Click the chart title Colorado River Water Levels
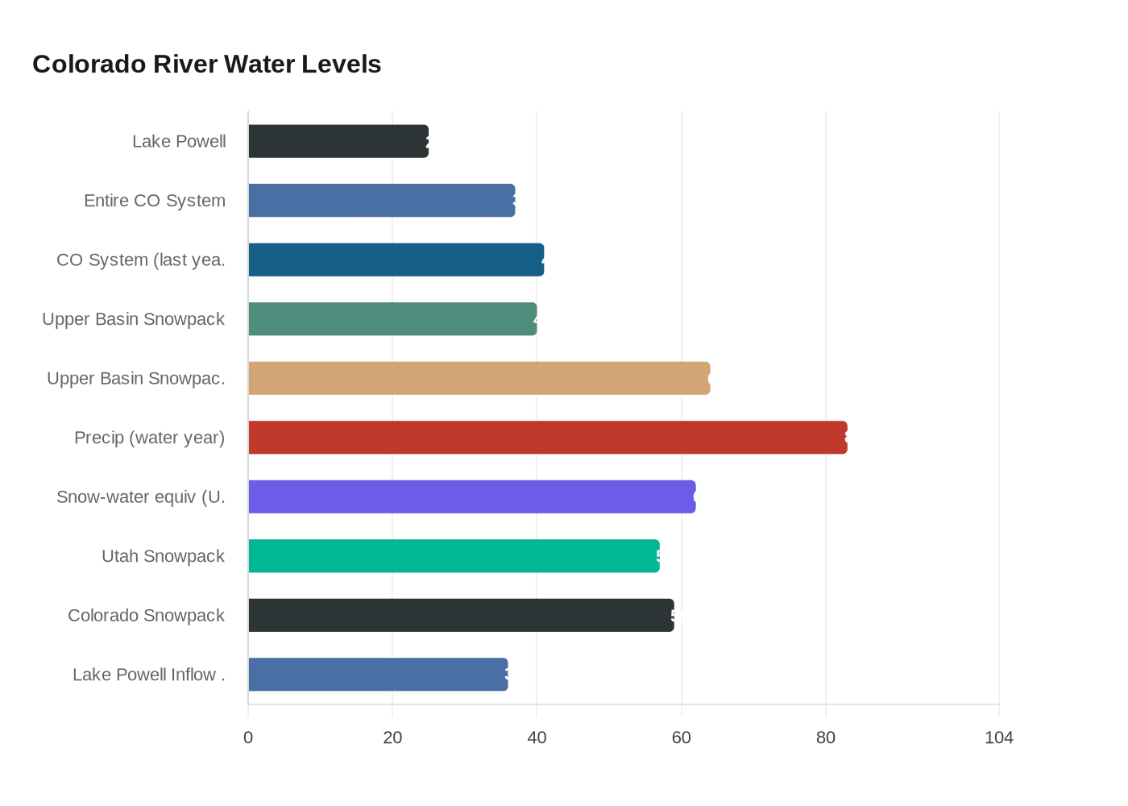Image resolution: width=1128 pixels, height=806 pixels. click(x=206, y=64)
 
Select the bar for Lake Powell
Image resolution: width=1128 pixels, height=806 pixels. click(x=338, y=141)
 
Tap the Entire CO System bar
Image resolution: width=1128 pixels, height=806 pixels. click(x=381, y=201)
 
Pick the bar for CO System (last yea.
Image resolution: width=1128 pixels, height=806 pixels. click(x=396, y=260)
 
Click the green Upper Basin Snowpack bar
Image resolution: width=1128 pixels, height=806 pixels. click(x=392, y=319)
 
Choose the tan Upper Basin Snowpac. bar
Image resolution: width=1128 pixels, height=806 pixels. click(x=479, y=378)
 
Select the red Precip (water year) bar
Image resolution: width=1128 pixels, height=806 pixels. click(x=548, y=438)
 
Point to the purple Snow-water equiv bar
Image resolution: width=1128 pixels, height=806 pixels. click(x=471, y=496)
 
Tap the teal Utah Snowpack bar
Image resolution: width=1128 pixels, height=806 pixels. click(x=454, y=556)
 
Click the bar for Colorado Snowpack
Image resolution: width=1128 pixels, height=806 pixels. click(x=461, y=615)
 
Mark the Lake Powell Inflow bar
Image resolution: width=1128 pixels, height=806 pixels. click(x=378, y=675)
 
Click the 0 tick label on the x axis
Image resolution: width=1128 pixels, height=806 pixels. click(x=248, y=737)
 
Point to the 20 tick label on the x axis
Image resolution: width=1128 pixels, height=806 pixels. click(x=392, y=737)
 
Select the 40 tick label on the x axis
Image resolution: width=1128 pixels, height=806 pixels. click(x=537, y=737)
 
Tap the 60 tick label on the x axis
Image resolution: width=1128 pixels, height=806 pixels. click(x=682, y=737)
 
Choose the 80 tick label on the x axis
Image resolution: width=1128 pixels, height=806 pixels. click(x=826, y=737)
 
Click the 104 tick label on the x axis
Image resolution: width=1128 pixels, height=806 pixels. click(x=999, y=737)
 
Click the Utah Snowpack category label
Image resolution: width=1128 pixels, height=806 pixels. click(x=163, y=556)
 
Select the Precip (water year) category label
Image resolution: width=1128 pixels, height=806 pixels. click(x=149, y=438)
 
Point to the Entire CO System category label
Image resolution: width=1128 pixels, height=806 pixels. click(x=155, y=201)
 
